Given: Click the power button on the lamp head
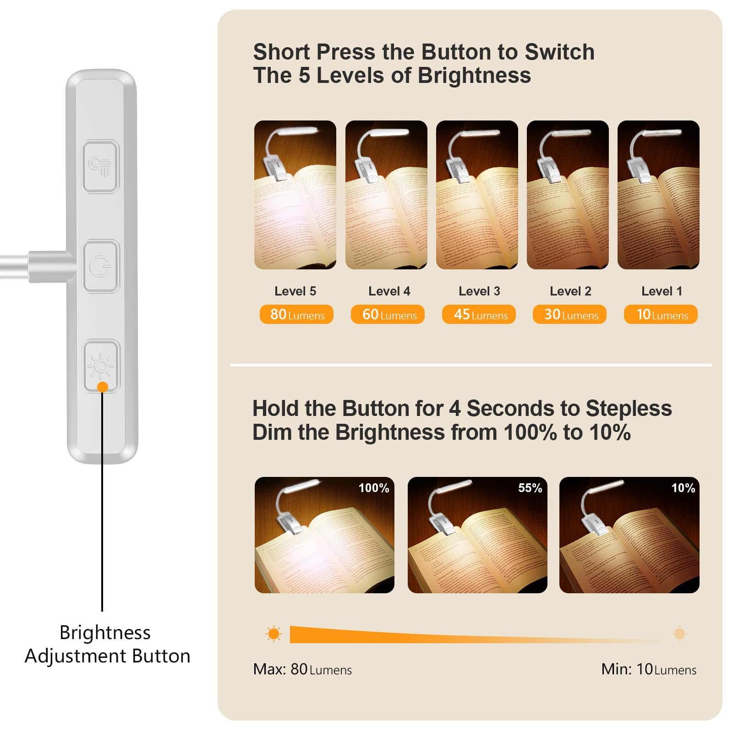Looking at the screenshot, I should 101,266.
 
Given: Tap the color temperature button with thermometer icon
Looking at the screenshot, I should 101,166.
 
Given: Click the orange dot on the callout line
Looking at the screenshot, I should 103,387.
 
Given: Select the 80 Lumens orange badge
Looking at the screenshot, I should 296,315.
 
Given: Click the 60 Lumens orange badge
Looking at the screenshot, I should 388,315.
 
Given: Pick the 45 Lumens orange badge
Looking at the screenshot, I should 479,315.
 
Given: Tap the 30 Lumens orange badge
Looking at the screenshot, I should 569,315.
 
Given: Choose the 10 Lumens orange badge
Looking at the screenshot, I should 661,315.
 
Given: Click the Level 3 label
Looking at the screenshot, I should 479,291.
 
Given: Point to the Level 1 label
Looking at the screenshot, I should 662,291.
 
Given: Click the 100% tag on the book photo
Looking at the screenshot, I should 374,488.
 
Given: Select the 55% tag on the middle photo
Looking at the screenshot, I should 530,488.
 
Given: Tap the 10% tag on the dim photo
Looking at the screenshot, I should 683,488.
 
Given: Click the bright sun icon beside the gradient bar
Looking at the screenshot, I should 274,634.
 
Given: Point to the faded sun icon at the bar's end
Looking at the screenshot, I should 679,634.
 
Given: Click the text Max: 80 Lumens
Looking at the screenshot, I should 302,669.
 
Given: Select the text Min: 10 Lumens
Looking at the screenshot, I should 649,669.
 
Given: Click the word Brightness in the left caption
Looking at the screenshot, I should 105,633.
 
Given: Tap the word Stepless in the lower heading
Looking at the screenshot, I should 629,408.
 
